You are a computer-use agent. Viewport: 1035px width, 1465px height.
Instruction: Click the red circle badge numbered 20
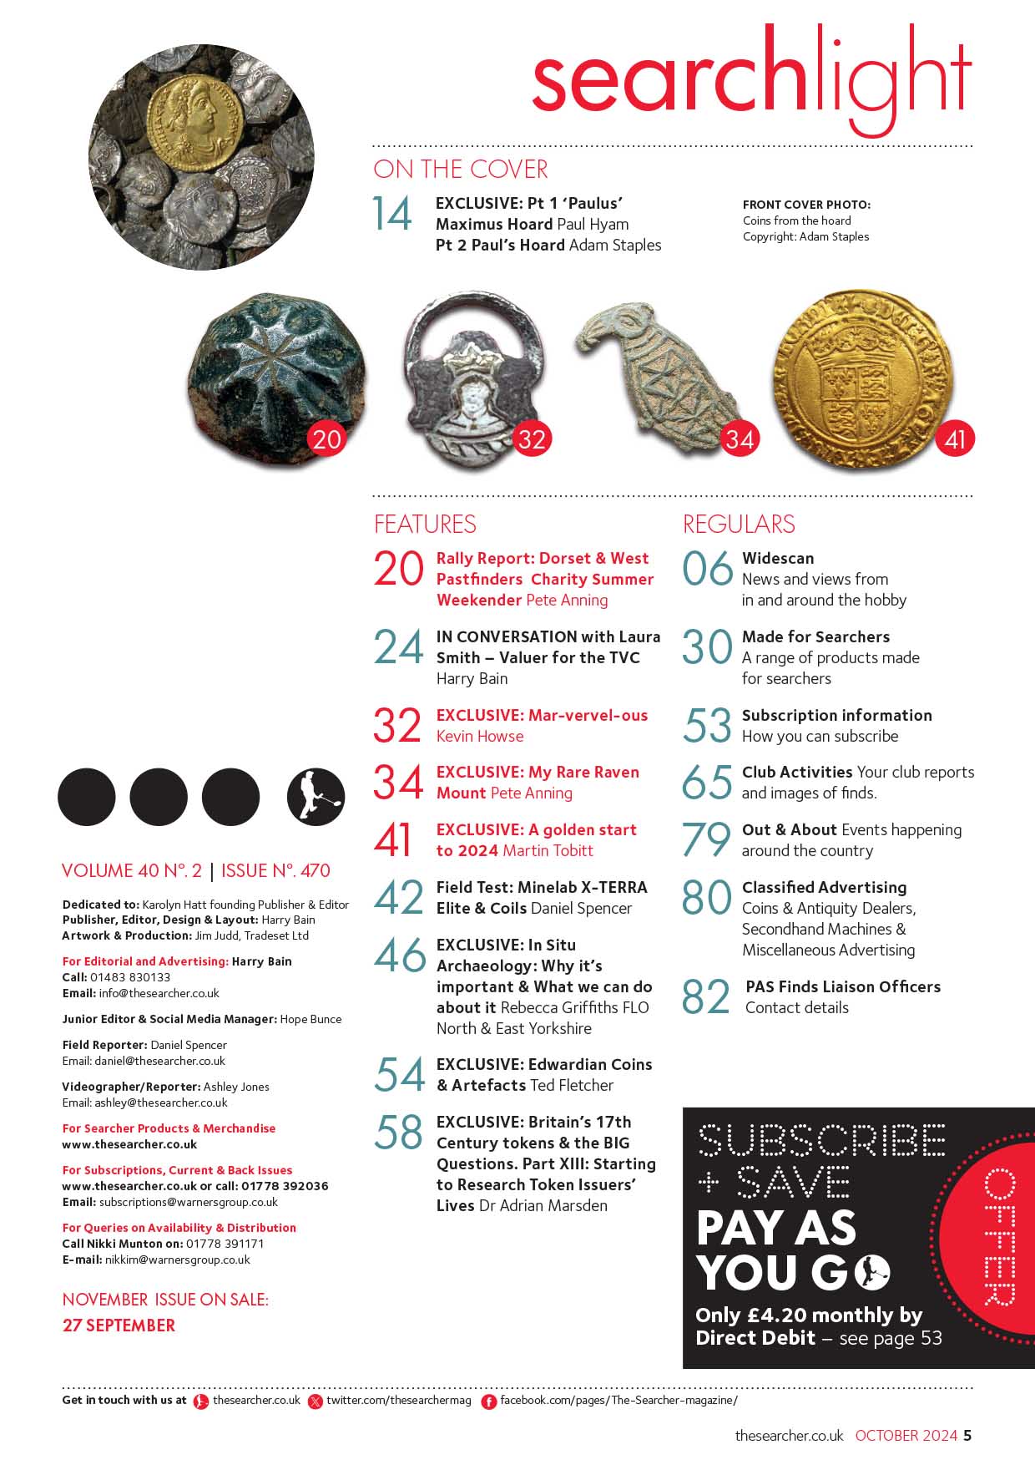click(x=326, y=438)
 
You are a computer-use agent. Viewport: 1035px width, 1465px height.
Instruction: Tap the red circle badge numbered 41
click(x=955, y=438)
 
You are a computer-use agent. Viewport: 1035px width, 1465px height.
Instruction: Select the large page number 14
click(x=392, y=214)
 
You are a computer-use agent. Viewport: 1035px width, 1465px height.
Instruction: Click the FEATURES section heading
click(x=425, y=525)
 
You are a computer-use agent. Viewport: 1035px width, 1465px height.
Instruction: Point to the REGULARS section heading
click(x=739, y=525)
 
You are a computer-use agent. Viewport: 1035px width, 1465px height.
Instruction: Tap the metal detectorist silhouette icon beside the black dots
click(x=316, y=797)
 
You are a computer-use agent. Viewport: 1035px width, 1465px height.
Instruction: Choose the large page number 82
click(x=706, y=996)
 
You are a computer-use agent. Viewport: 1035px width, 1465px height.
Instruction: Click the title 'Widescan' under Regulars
click(x=778, y=558)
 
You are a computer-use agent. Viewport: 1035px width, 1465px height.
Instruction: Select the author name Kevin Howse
click(x=480, y=736)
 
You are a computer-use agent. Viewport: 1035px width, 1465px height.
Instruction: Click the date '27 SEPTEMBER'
click(x=119, y=1326)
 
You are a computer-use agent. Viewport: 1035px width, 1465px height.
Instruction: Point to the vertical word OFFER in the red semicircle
click(x=999, y=1237)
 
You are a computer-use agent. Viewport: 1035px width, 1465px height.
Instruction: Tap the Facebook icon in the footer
click(x=489, y=1402)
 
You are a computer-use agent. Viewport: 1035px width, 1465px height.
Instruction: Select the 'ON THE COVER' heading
click(x=461, y=170)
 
